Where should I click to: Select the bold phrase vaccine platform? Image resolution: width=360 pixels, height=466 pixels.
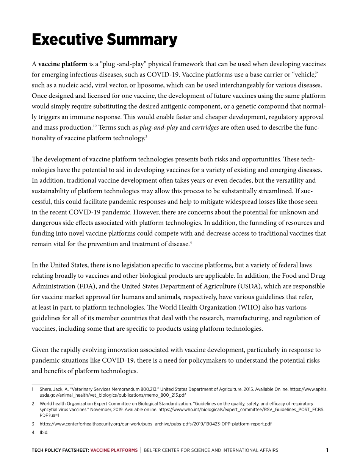tap(63, 64)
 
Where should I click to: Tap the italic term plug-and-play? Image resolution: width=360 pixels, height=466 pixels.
tap(158, 128)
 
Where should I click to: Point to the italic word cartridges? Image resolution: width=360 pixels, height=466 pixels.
tap(205, 128)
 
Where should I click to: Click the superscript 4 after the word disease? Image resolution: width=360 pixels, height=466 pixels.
tap(191, 242)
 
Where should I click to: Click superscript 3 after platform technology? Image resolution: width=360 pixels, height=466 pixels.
tap(146, 136)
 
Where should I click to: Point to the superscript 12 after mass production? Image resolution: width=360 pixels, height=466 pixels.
tap(95, 126)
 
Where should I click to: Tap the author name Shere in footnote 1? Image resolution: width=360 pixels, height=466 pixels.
tap(45, 389)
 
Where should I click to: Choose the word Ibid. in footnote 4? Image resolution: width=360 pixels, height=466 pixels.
tap(44, 432)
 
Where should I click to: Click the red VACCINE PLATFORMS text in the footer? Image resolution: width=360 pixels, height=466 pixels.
tap(114, 450)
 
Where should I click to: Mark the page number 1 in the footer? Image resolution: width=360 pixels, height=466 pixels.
tap(327, 450)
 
